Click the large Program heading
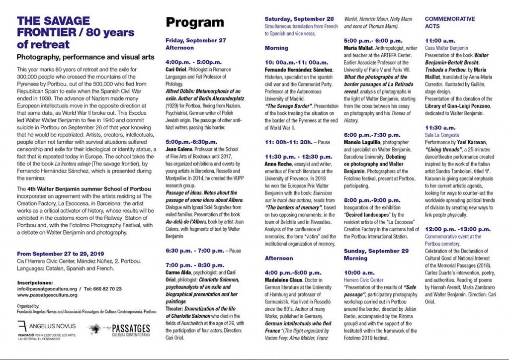point(195,22)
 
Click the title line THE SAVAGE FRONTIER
point(53,21)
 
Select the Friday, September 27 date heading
point(195,40)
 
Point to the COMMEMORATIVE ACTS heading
point(449,22)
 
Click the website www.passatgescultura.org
point(47,295)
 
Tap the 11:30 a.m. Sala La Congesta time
point(439,128)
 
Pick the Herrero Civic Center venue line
point(363,280)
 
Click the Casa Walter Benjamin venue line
point(446,48)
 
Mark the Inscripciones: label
point(35,281)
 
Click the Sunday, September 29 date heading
point(376,251)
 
